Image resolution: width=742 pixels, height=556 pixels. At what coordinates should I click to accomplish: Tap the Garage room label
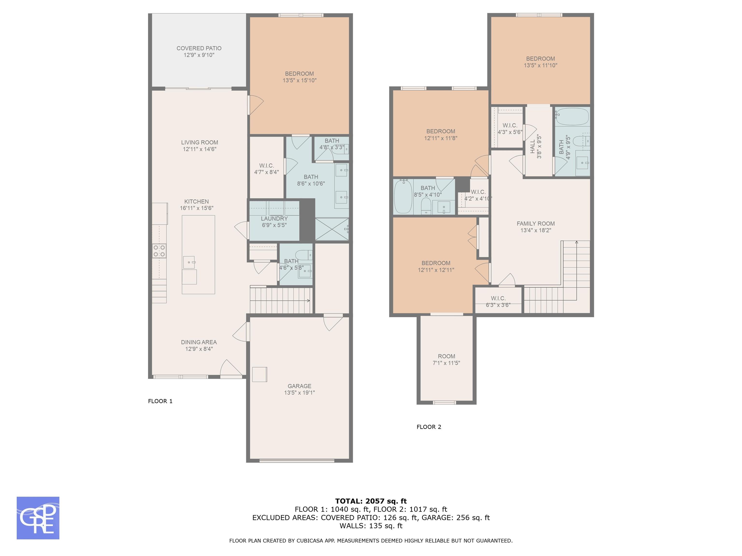[299, 386]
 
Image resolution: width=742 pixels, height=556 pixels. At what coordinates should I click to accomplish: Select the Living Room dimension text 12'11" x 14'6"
[200, 149]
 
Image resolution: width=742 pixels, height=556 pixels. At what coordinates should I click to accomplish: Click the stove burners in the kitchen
[159, 251]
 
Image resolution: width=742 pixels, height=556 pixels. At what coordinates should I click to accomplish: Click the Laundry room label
[274, 218]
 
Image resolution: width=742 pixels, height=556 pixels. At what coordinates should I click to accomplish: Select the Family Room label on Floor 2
[536, 223]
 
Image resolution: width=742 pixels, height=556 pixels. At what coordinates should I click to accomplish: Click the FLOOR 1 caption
[160, 401]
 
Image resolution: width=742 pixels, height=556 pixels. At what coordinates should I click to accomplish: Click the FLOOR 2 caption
[429, 427]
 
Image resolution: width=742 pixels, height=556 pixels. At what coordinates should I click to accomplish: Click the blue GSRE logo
[38, 518]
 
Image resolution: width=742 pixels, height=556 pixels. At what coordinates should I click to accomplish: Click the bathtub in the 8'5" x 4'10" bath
[403, 196]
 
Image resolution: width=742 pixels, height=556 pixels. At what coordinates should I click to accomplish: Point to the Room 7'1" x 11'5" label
[446, 360]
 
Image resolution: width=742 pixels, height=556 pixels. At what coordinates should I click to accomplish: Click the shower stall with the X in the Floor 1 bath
[332, 229]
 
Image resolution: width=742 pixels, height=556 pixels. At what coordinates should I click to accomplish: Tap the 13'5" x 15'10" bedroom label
[300, 77]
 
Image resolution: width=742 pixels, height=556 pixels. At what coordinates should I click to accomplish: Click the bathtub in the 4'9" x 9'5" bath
[572, 116]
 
